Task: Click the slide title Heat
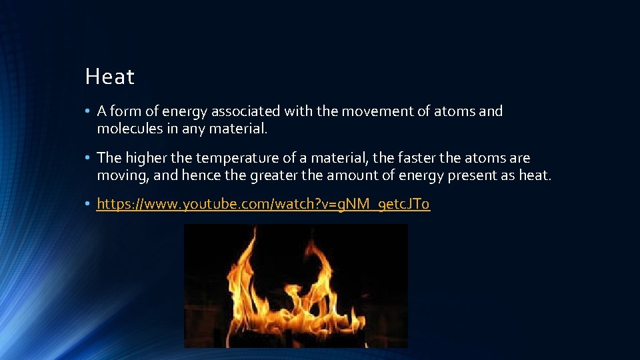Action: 109,77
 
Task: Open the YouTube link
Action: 263,204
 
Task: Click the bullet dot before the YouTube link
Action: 87,204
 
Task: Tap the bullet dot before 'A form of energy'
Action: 87,111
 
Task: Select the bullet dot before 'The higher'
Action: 87,159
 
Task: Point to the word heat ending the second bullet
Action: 537,175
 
